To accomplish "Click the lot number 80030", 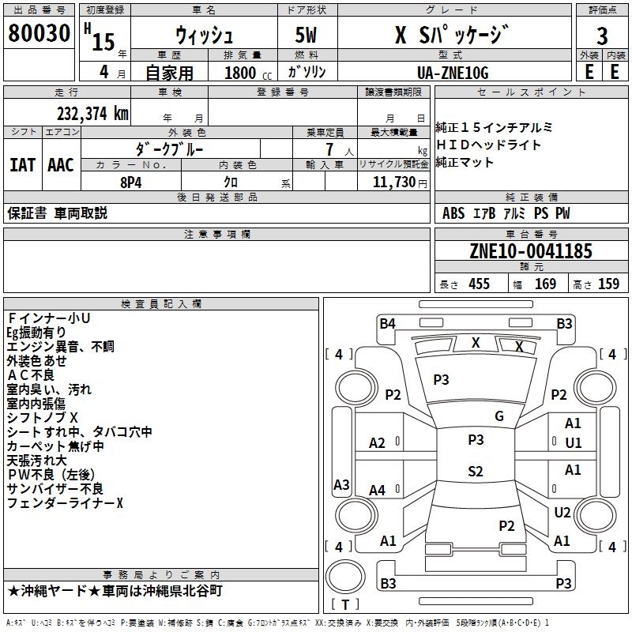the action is (x=39, y=33).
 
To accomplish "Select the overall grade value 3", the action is (x=602, y=36).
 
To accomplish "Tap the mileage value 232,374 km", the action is (x=92, y=114).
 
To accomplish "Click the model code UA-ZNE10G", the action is (x=453, y=73).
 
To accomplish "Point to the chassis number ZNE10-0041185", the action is (x=531, y=251).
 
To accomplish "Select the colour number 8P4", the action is (x=131, y=182).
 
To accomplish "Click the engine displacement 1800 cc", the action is (x=248, y=73).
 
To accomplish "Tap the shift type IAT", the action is (x=22, y=165).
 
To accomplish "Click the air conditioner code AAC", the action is (x=61, y=165).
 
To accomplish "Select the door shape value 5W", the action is (x=306, y=35).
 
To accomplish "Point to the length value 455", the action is (x=479, y=284).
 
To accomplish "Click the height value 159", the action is (x=608, y=284).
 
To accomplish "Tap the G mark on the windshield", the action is (x=499, y=416).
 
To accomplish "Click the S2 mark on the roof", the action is (x=476, y=471).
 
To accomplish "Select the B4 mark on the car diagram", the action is (x=387, y=324).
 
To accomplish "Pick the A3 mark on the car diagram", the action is (x=341, y=484).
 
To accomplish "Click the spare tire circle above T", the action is (x=345, y=577).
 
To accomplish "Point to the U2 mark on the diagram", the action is (x=562, y=512).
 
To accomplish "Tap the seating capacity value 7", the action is (x=329, y=149).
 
